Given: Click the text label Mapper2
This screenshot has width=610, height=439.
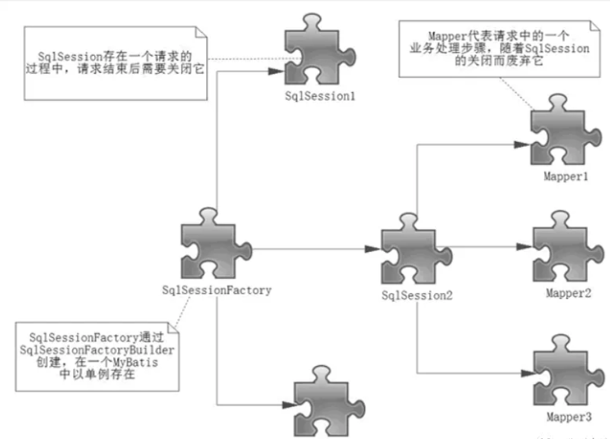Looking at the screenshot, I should (566, 292).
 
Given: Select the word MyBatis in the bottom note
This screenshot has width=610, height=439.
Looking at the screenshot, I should (113, 362).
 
